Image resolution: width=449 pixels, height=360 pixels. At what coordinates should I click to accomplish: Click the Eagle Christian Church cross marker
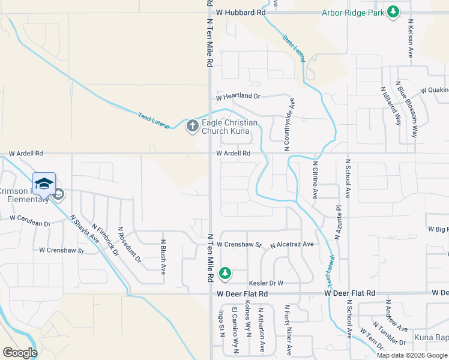click(192, 125)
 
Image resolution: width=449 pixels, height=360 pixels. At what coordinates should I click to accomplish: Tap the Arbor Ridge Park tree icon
click(393, 11)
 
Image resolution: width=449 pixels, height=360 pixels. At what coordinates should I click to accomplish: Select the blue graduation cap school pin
click(44, 183)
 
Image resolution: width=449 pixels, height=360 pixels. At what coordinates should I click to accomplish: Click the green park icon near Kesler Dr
click(225, 273)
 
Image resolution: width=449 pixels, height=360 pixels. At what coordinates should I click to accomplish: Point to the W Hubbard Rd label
click(241, 12)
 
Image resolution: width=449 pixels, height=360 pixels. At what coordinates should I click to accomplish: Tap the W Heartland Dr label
click(238, 96)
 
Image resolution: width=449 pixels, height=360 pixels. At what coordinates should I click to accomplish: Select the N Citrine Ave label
click(315, 179)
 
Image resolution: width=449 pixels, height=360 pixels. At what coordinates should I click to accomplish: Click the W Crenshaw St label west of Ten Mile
click(61, 250)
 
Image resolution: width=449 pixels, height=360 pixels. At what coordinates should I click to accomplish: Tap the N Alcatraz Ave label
click(292, 245)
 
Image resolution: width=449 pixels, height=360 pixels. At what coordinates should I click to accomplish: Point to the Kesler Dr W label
click(265, 283)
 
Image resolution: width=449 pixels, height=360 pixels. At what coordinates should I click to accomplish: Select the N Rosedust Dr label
click(129, 245)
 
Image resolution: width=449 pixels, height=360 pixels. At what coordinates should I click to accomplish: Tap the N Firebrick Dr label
click(109, 241)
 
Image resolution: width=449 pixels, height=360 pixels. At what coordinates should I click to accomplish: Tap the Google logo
click(19, 353)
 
